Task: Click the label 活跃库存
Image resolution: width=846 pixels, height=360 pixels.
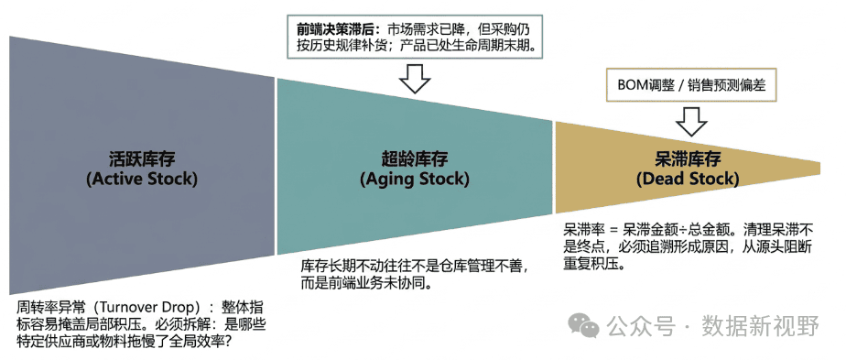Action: [x=142, y=160]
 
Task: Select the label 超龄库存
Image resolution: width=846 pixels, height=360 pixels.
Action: [x=415, y=160]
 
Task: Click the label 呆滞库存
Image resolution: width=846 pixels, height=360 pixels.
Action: [x=688, y=160]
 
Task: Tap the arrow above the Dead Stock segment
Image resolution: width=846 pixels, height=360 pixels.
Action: [x=691, y=120]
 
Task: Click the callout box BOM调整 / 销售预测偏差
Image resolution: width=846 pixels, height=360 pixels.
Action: [x=691, y=85]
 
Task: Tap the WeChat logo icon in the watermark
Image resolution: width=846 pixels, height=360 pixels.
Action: [x=584, y=325]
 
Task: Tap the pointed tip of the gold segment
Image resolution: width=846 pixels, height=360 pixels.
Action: [x=820, y=168]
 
